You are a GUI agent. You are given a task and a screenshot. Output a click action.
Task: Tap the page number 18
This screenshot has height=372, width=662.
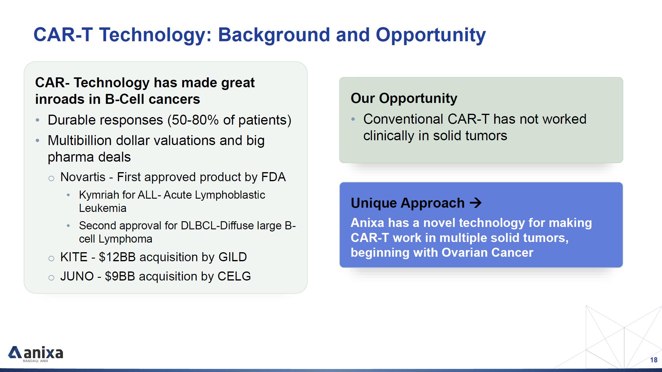click(654, 360)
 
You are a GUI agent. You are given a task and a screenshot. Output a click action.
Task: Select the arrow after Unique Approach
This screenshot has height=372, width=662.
click(476, 203)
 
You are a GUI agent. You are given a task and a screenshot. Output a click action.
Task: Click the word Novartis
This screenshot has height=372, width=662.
click(83, 177)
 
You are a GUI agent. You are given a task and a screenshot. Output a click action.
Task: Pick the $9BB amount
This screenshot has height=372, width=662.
click(120, 276)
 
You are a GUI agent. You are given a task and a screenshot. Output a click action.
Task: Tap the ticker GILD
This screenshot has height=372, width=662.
click(233, 257)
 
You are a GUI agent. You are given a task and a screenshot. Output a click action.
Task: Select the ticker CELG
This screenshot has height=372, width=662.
click(234, 276)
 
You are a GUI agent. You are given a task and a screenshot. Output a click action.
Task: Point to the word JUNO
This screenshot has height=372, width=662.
click(77, 276)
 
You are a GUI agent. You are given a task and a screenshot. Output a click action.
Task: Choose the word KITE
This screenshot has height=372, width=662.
click(74, 257)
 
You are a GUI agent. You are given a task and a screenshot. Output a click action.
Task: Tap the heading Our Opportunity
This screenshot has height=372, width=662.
click(404, 98)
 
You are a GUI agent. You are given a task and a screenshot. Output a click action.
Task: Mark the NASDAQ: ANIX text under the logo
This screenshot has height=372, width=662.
click(36, 361)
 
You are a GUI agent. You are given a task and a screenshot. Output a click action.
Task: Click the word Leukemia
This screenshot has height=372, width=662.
click(103, 208)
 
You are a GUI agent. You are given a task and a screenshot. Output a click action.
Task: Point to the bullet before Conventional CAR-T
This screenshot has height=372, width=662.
click(353, 119)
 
